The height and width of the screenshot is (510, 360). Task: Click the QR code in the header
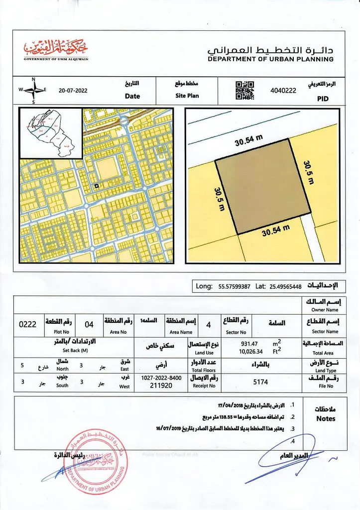244,91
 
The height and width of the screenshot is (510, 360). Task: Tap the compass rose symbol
33,90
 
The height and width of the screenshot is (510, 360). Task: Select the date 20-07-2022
73,91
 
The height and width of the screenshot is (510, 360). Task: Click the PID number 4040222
283,91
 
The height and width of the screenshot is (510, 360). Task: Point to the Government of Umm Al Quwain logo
55,50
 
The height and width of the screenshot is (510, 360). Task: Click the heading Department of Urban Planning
270,59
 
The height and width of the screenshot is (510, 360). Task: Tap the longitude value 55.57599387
235,286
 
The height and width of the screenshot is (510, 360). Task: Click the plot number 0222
28,324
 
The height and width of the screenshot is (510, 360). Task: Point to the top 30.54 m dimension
248,141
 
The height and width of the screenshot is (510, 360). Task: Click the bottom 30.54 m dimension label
276,231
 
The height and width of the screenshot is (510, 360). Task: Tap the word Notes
326,419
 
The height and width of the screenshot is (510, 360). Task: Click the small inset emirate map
51,132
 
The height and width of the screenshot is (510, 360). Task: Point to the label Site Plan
187,96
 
